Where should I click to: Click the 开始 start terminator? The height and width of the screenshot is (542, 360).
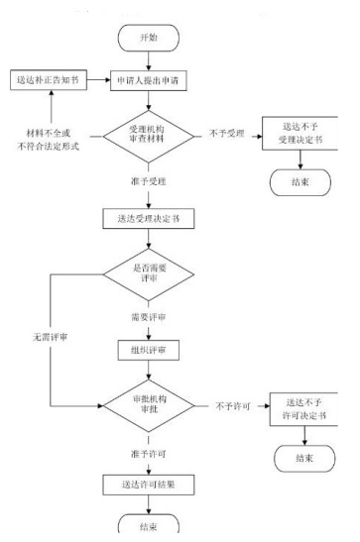148,35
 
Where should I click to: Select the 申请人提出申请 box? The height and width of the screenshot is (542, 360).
148,79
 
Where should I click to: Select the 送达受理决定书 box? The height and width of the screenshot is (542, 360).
148,220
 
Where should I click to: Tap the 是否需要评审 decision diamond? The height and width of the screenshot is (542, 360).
148,273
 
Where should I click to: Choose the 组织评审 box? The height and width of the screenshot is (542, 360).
148,352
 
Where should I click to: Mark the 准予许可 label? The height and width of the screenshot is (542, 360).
148,454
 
